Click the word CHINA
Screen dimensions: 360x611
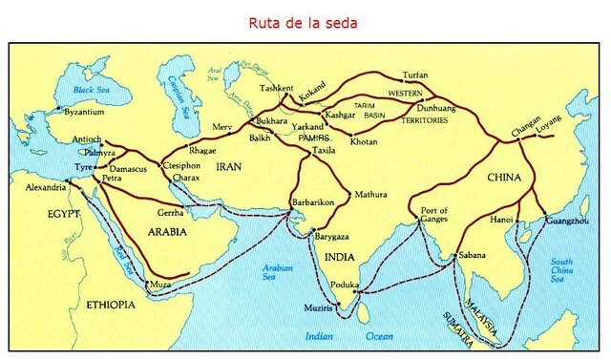(x=504, y=177)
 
